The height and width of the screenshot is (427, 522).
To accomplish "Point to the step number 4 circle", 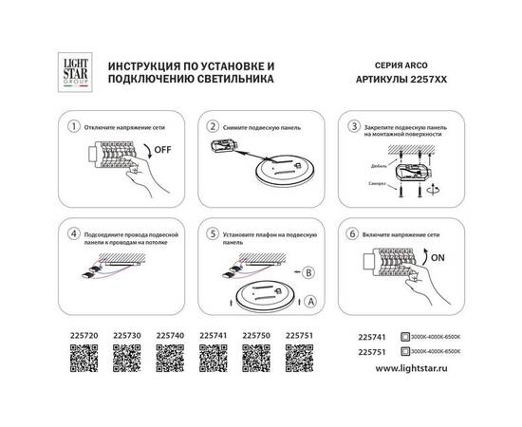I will [65, 233].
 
